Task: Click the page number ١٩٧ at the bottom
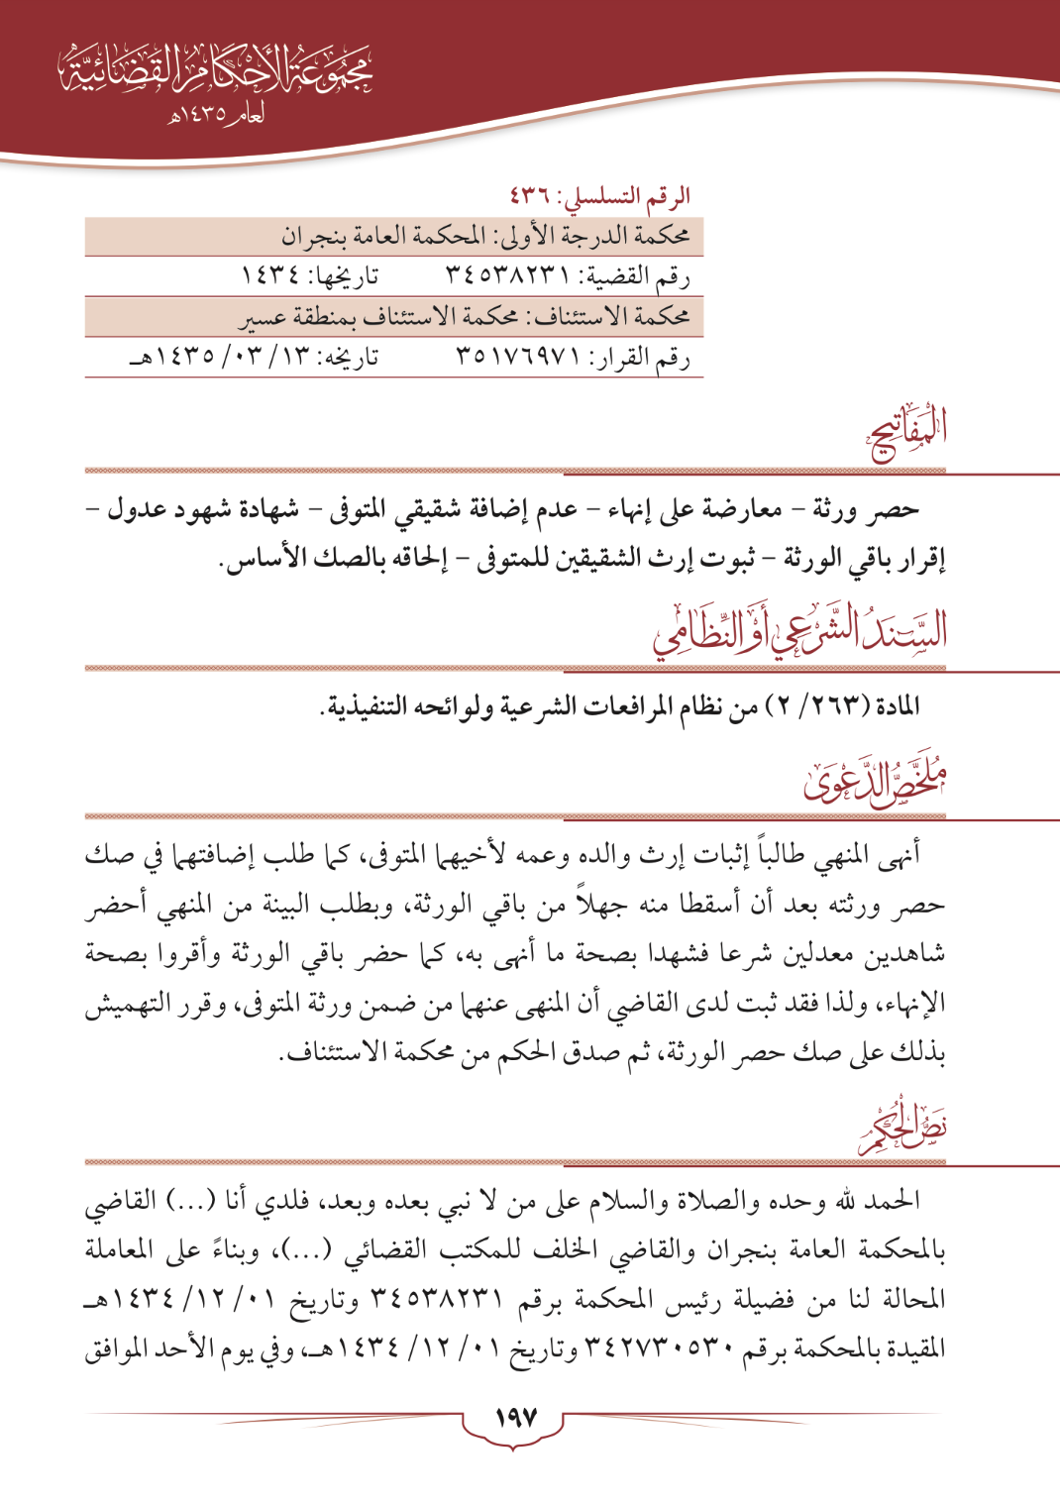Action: point(515,1418)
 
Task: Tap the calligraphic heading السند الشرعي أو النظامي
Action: point(800,630)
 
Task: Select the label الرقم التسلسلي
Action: point(627,196)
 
